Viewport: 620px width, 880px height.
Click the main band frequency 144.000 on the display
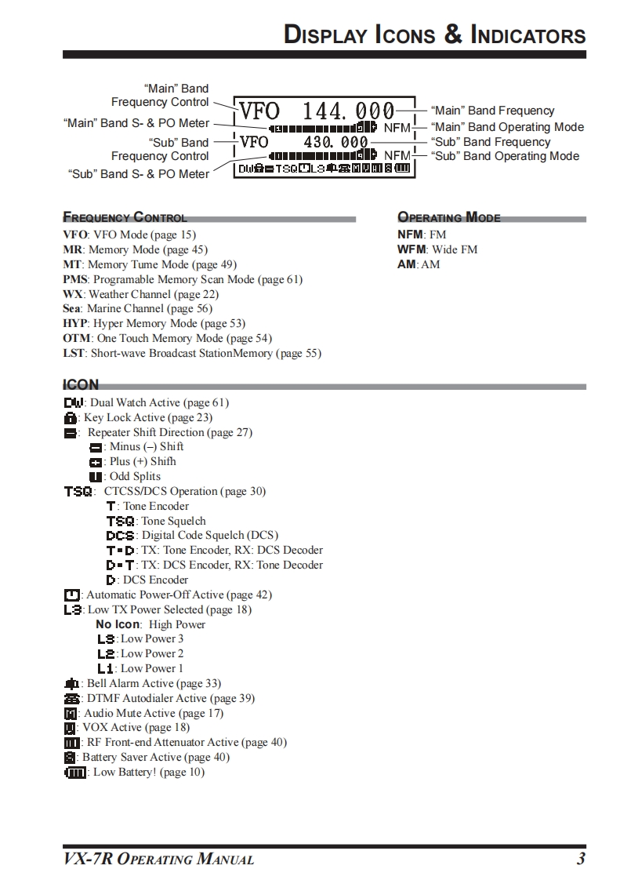[x=349, y=111]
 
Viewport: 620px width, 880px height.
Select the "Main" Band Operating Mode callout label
[x=507, y=127]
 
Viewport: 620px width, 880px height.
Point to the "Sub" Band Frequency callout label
[x=491, y=142]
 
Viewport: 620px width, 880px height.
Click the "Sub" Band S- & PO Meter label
[x=139, y=174]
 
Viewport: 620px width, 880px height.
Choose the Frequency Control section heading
[x=125, y=218]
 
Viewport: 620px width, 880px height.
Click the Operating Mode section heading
[x=448, y=218]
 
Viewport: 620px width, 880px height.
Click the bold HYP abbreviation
[x=75, y=323]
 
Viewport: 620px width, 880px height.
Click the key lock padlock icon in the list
[x=70, y=418]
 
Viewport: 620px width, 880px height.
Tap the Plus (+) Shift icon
[x=96, y=462]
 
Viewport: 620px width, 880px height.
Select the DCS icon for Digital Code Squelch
[x=121, y=536]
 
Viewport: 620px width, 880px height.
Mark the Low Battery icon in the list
[x=75, y=773]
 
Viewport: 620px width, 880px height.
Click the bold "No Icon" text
[x=118, y=624]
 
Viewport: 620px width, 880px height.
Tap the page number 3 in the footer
[x=581, y=859]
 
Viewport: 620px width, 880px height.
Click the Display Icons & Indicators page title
[x=434, y=35]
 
